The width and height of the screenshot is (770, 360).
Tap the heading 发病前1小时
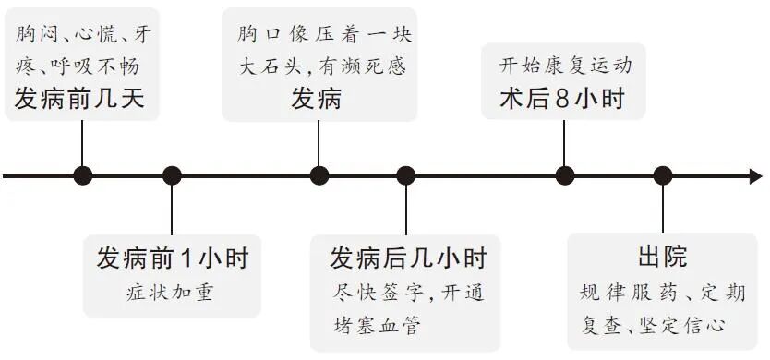tap(172, 258)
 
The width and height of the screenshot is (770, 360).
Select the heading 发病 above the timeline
tap(317, 98)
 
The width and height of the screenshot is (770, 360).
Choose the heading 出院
tap(662, 258)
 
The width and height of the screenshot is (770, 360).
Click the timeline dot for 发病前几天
tap(83, 175)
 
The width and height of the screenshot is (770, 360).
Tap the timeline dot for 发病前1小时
tap(172, 175)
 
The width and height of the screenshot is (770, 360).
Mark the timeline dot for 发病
tap(319, 175)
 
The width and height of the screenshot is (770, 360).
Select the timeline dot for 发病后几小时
tap(406, 175)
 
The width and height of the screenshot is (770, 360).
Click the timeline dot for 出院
tap(662, 175)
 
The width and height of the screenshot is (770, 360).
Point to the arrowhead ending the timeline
tap(756, 175)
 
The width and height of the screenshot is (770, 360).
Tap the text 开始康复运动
tap(565, 66)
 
